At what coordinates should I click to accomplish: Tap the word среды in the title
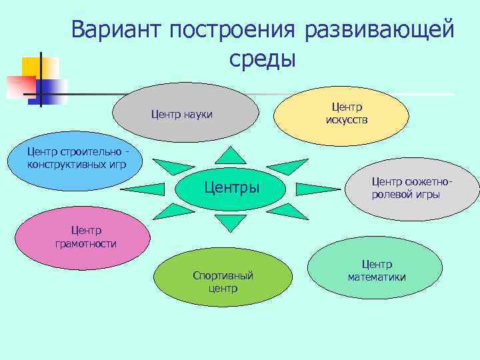click(x=262, y=59)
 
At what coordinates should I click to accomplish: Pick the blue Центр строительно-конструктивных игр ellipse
click(x=77, y=164)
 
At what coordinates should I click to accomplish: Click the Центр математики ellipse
click(x=377, y=271)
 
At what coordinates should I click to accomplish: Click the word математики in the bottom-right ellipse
click(x=377, y=277)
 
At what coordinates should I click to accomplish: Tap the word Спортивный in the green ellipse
click(x=223, y=276)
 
